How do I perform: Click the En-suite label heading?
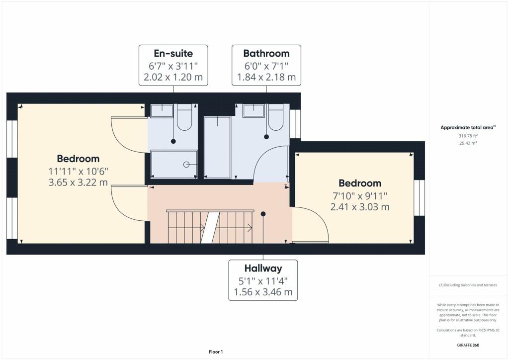(173, 53)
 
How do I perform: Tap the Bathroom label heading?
(266, 53)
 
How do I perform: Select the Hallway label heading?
(263, 268)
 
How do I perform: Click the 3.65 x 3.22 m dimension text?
(78, 182)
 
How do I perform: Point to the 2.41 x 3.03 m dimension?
(360, 207)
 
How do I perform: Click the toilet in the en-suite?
(184, 117)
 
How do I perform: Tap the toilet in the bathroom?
(276, 117)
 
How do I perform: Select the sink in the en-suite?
(162, 110)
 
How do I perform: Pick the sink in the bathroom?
(254, 110)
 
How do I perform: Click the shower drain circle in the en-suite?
(186, 165)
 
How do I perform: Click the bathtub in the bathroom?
(217, 148)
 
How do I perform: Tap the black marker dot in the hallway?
(263, 214)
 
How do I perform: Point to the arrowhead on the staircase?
(250, 228)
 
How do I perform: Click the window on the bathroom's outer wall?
(295, 124)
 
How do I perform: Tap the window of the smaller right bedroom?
(419, 198)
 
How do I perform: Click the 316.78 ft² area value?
(468, 136)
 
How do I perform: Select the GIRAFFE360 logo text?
(468, 345)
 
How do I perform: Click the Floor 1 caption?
(216, 352)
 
